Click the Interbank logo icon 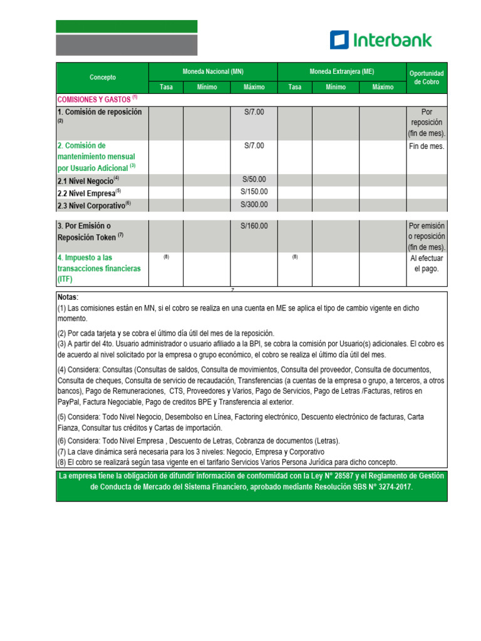[339, 40]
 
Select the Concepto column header [103, 78]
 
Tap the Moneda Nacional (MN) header [213, 72]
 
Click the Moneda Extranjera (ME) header [341, 72]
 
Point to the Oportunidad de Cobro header [427, 78]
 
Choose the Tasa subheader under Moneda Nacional [166, 87]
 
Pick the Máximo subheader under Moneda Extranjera [383, 87]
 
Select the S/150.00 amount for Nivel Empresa [254, 192]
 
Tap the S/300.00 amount [254, 205]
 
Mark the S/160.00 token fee [254, 226]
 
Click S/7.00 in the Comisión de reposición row [254, 112]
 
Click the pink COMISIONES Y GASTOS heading [94, 100]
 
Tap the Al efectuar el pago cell [427, 263]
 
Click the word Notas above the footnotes [68, 297]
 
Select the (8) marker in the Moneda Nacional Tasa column [166, 257]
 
